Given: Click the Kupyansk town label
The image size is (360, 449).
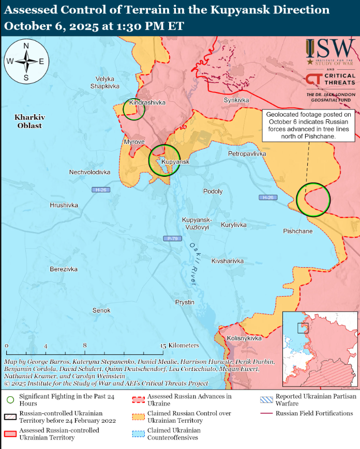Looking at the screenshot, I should pyautogui.click(x=176, y=162).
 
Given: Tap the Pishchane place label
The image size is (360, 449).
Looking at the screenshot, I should pyautogui.click(x=297, y=231).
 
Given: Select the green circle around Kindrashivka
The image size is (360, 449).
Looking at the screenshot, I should pyautogui.click(x=134, y=110).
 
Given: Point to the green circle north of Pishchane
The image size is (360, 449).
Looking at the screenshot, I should pyautogui.click(x=313, y=199).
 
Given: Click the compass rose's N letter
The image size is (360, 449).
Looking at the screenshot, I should pyautogui.click(x=26, y=46).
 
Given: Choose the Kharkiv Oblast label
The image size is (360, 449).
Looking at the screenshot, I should pyautogui.click(x=29, y=121).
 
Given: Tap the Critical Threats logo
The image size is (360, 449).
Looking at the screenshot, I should pyautogui.click(x=331, y=80).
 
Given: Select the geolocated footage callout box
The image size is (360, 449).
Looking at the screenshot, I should pyautogui.click(x=308, y=125).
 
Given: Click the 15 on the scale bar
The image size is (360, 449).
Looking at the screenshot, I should pyautogui.click(x=164, y=345).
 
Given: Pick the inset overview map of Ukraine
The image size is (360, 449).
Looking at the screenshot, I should pyautogui.click(x=320, y=349).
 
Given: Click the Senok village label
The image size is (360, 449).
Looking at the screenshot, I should pyautogui.click(x=101, y=311).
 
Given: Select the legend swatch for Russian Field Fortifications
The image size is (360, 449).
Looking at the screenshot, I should pyautogui.click(x=267, y=414).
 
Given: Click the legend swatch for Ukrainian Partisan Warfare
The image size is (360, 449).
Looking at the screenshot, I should pyautogui.click(x=267, y=397).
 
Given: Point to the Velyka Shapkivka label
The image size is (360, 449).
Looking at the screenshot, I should pyautogui.click(x=105, y=82).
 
